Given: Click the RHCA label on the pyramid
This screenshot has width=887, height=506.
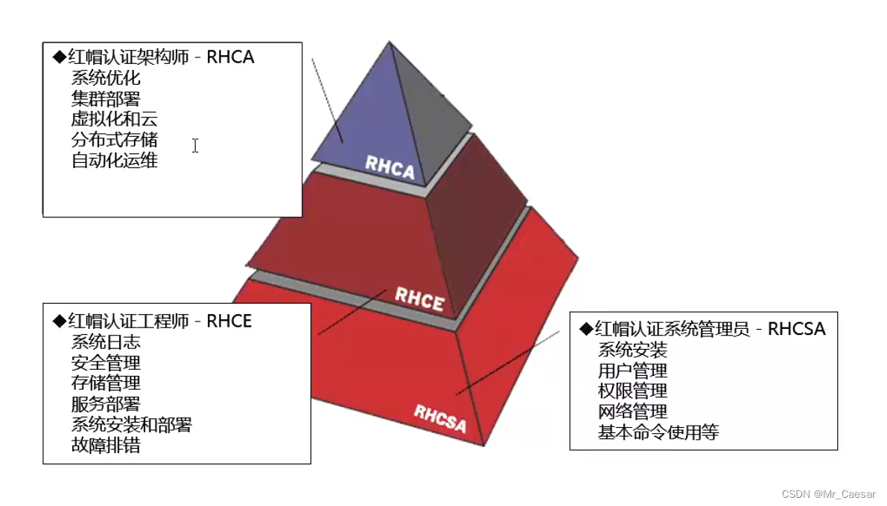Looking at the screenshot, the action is tap(390, 167).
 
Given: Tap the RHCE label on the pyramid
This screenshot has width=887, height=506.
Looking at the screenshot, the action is tap(419, 298).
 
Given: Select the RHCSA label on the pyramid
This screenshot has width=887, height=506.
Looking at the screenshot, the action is tap(439, 418).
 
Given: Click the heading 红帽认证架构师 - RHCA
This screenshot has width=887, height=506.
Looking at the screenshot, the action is tap(154, 57).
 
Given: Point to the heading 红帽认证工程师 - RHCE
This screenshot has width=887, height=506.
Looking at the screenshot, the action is tap(153, 321).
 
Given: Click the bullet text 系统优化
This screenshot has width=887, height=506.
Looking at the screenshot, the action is tap(106, 77).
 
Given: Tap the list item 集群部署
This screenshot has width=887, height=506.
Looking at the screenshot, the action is tap(106, 98).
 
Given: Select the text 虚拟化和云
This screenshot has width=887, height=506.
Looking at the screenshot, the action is tap(115, 119).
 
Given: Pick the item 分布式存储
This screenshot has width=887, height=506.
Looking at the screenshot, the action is tap(115, 140).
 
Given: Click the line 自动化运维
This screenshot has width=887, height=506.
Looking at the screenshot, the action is tap(115, 161).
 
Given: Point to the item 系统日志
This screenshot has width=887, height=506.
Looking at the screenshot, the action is tap(106, 342).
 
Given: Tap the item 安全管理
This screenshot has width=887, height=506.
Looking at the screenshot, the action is tap(106, 363).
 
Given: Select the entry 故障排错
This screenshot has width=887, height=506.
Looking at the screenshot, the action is tap(106, 446).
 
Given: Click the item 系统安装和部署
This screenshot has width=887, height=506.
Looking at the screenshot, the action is tap(132, 425).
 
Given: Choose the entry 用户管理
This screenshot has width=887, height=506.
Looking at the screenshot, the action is tap(632, 371).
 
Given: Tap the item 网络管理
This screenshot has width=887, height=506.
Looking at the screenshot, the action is tap(632, 411).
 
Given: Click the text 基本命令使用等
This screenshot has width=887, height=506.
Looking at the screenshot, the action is tap(658, 432).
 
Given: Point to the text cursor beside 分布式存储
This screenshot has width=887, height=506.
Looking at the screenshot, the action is tap(195, 146).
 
